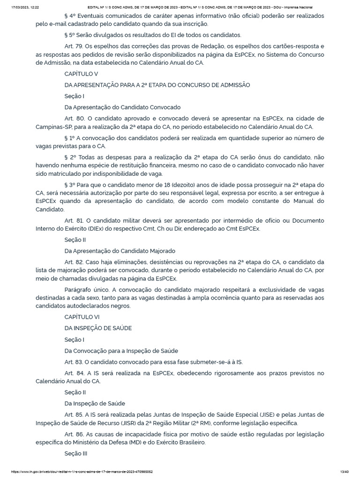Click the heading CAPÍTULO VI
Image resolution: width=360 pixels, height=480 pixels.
79,316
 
